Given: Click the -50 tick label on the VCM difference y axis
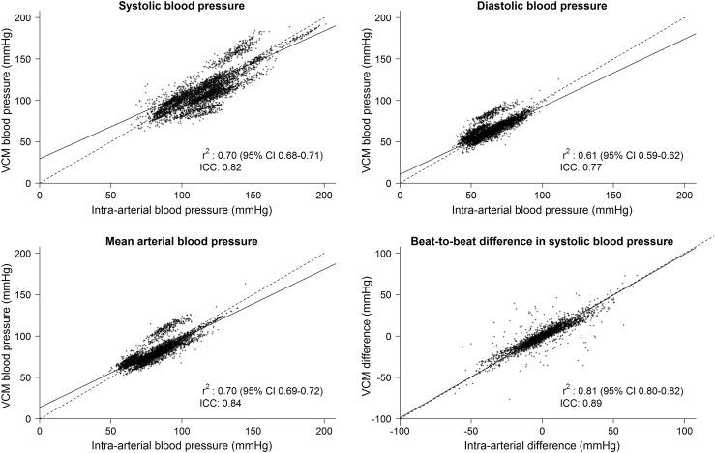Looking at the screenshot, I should (x=386, y=377).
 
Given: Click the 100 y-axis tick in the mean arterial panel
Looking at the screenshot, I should (x=25, y=335).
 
